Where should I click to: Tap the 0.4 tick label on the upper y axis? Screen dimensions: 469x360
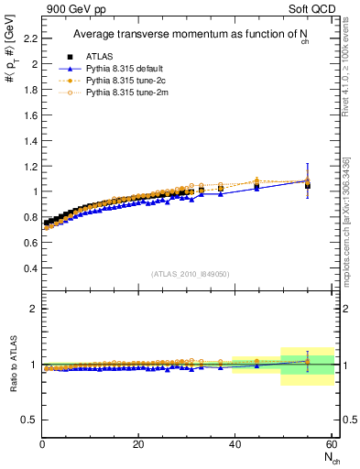click(30, 268)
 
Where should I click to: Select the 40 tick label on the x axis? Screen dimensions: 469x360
click(234, 444)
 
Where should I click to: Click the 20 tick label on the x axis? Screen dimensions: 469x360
click(137, 444)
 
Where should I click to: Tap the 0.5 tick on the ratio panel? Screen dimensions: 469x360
click(30, 420)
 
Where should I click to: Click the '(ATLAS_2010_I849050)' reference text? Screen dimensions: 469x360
click(191, 274)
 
